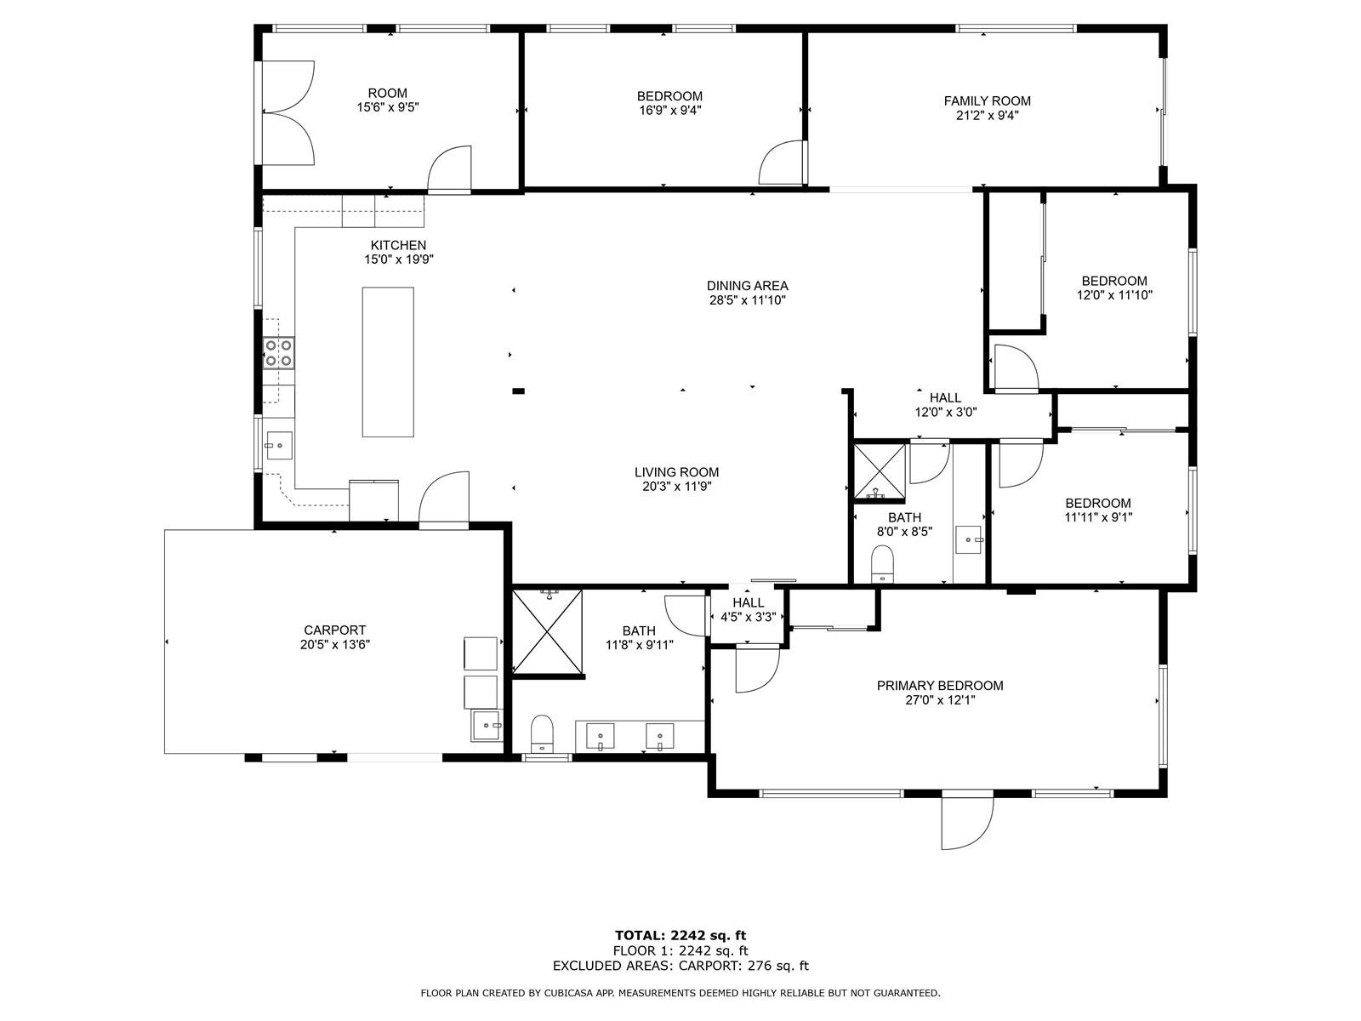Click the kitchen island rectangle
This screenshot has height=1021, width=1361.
click(x=388, y=362)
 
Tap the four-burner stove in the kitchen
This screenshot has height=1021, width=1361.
click(x=278, y=353)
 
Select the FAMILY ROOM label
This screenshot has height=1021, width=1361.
click(x=987, y=101)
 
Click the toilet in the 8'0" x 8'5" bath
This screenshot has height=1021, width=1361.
click(x=883, y=563)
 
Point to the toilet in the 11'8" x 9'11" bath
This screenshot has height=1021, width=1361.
click(x=542, y=733)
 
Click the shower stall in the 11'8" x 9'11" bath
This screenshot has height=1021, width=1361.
click(x=548, y=631)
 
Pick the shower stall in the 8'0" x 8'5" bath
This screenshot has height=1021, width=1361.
click(x=880, y=471)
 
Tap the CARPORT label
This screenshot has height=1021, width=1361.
click(x=335, y=630)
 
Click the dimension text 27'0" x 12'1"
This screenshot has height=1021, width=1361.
click(x=940, y=700)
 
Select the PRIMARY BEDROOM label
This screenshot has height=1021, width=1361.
click(x=940, y=686)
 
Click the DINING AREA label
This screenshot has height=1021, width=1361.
click(x=747, y=286)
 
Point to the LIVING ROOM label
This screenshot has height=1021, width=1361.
click(x=676, y=471)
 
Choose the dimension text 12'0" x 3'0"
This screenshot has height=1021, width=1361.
click(x=946, y=412)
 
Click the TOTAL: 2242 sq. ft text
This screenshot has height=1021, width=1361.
click(x=680, y=935)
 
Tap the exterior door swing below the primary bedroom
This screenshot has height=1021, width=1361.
click(x=967, y=823)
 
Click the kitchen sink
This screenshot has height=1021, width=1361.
click(x=279, y=444)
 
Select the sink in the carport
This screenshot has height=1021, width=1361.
click(x=486, y=725)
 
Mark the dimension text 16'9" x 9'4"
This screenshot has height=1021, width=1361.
click(x=669, y=111)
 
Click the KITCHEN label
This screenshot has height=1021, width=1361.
click(x=398, y=245)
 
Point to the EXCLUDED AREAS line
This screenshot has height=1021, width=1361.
click(x=680, y=965)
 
